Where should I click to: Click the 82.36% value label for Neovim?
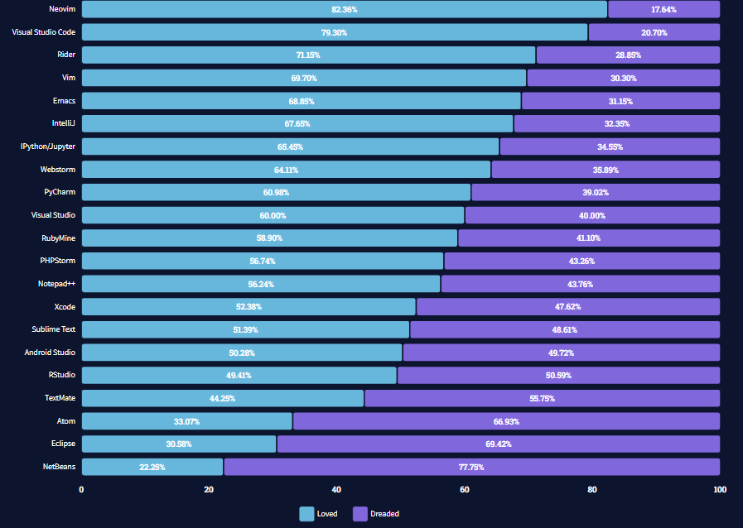pyautogui.click(x=345, y=9)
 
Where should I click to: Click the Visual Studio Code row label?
pyautogui.click(x=43, y=32)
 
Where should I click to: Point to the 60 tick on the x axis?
pyautogui.click(x=465, y=490)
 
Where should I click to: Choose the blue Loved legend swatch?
pyautogui.click(x=306, y=514)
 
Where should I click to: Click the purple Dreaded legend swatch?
pyautogui.click(x=360, y=514)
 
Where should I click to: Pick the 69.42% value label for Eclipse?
pyautogui.click(x=499, y=444)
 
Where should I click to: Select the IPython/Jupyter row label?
pyautogui.click(x=48, y=146)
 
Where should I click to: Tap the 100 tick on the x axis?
pyautogui.click(x=719, y=490)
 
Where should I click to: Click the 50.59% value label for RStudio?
pyautogui.click(x=558, y=376)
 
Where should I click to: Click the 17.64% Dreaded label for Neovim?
pyautogui.click(x=663, y=9)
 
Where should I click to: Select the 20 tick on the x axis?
pyautogui.click(x=209, y=490)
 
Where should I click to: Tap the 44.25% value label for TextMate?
pyautogui.click(x=223, y=398)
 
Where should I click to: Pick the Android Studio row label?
pyautogui.click(x=50, y=353)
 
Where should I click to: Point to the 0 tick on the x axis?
pyautogui.click(x=81, y=490)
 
